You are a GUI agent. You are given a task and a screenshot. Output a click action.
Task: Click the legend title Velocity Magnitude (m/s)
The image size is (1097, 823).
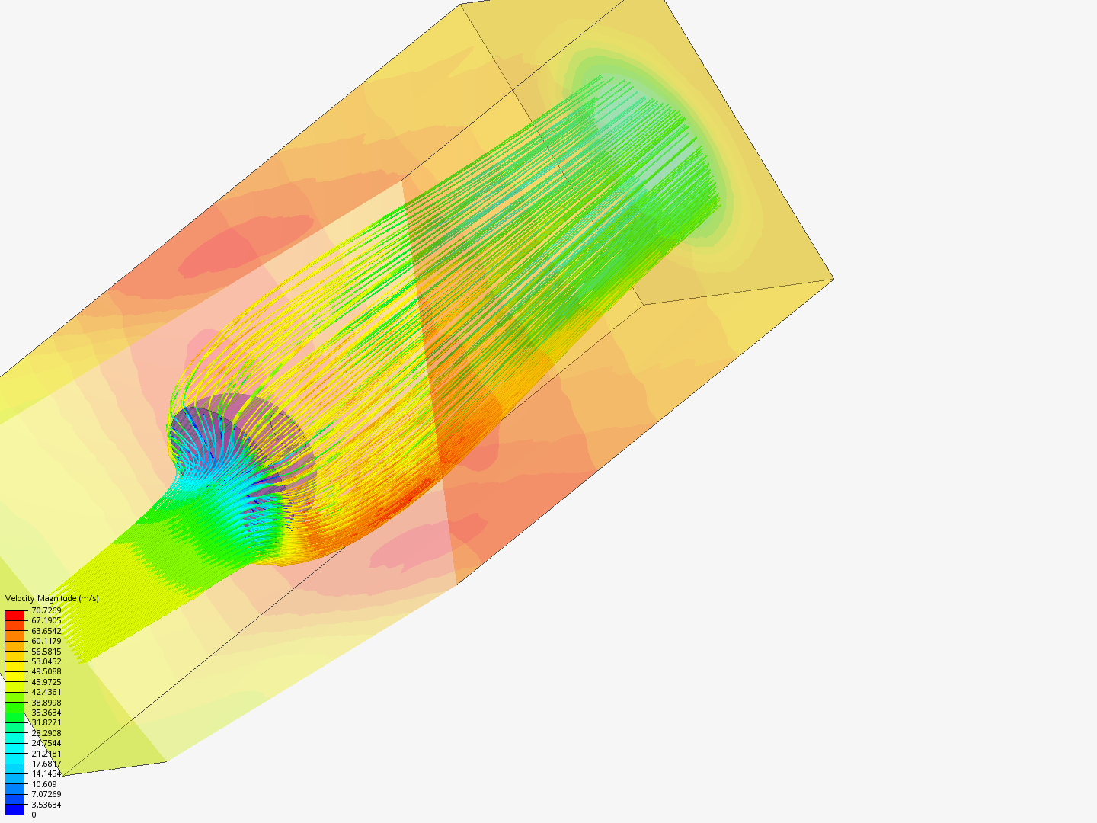pyautogui.click(x=52, y=598)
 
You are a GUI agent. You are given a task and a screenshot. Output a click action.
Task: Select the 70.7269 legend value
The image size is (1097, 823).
pyautogui.click(x=46, y=610)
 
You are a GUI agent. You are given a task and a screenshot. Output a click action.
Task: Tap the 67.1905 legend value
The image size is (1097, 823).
pyautogui.click(x=46, y=620)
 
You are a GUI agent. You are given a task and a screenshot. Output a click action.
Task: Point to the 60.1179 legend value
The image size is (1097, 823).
pyautogui.click(x=46, y=641)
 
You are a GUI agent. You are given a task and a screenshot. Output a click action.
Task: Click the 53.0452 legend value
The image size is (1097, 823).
pyautogui.click(x=46, y=661)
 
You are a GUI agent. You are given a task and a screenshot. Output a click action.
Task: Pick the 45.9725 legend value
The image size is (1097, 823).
pyautogui.click(x=46, y=682)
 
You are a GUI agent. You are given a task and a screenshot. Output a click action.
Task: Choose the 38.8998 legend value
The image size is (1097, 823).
pyautogui.click(x=46, y=703)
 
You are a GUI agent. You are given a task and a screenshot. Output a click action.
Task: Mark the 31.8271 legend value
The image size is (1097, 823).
pyautogui.click(x=46, y=722)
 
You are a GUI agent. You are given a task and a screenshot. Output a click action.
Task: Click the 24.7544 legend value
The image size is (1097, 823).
pyautogui.click(x=46, y=743)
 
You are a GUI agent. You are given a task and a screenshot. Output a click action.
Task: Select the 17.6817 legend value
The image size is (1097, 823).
pyautogui.click(x=46, y=764)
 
